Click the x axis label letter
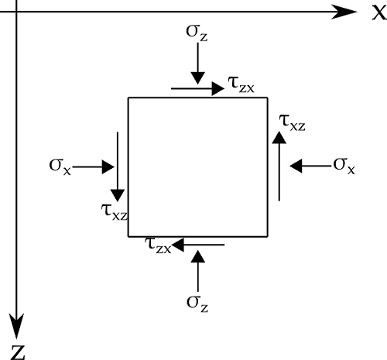point(379,12)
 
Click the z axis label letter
point(19,352)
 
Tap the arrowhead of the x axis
point(344,12)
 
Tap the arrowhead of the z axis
point(17,326)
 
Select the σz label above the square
point(197,33)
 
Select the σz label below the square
point(197,303)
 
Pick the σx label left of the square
point(60,167)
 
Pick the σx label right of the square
point(344,166)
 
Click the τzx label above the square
point(241,84)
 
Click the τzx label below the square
point(158,245)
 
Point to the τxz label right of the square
point(293,122)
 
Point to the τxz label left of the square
point(115,212)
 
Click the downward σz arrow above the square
point(198,63)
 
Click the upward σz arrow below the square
point(198,271)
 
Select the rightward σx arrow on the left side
point(94,167)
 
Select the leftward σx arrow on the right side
point(310,166)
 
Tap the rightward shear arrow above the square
point(198,88)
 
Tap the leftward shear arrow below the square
point(198,245)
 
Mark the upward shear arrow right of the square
point(279,166)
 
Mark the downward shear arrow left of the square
point(118,166)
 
